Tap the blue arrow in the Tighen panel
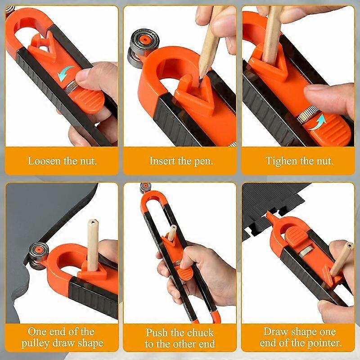pyautogui.click(x=318, y=122)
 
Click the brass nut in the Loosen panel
pyautogui.click(x=71, y=88)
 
